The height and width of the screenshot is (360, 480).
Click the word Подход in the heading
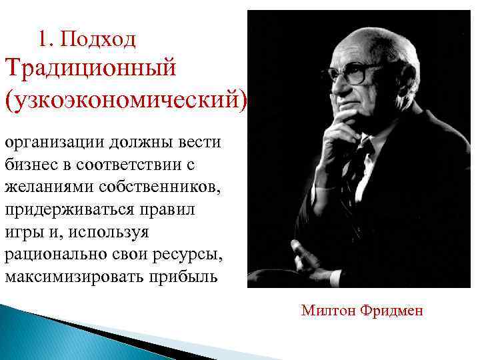pyautogui.click(x=97, y=39)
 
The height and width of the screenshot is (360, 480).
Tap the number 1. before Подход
pyautogui.click(x=45, y=39)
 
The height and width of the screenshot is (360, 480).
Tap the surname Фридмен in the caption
pyautogui.click(x=391, y=311)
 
